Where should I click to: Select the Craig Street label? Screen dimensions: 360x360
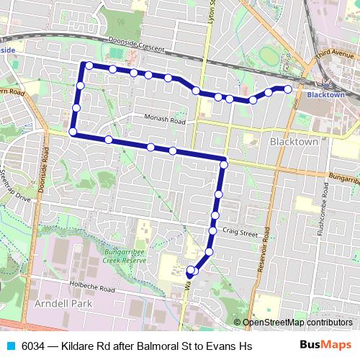point(240,233)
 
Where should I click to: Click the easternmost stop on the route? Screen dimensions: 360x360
point(288,89)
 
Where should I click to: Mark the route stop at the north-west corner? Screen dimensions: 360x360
point(88,66)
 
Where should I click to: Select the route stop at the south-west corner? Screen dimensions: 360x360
point(73,132)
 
